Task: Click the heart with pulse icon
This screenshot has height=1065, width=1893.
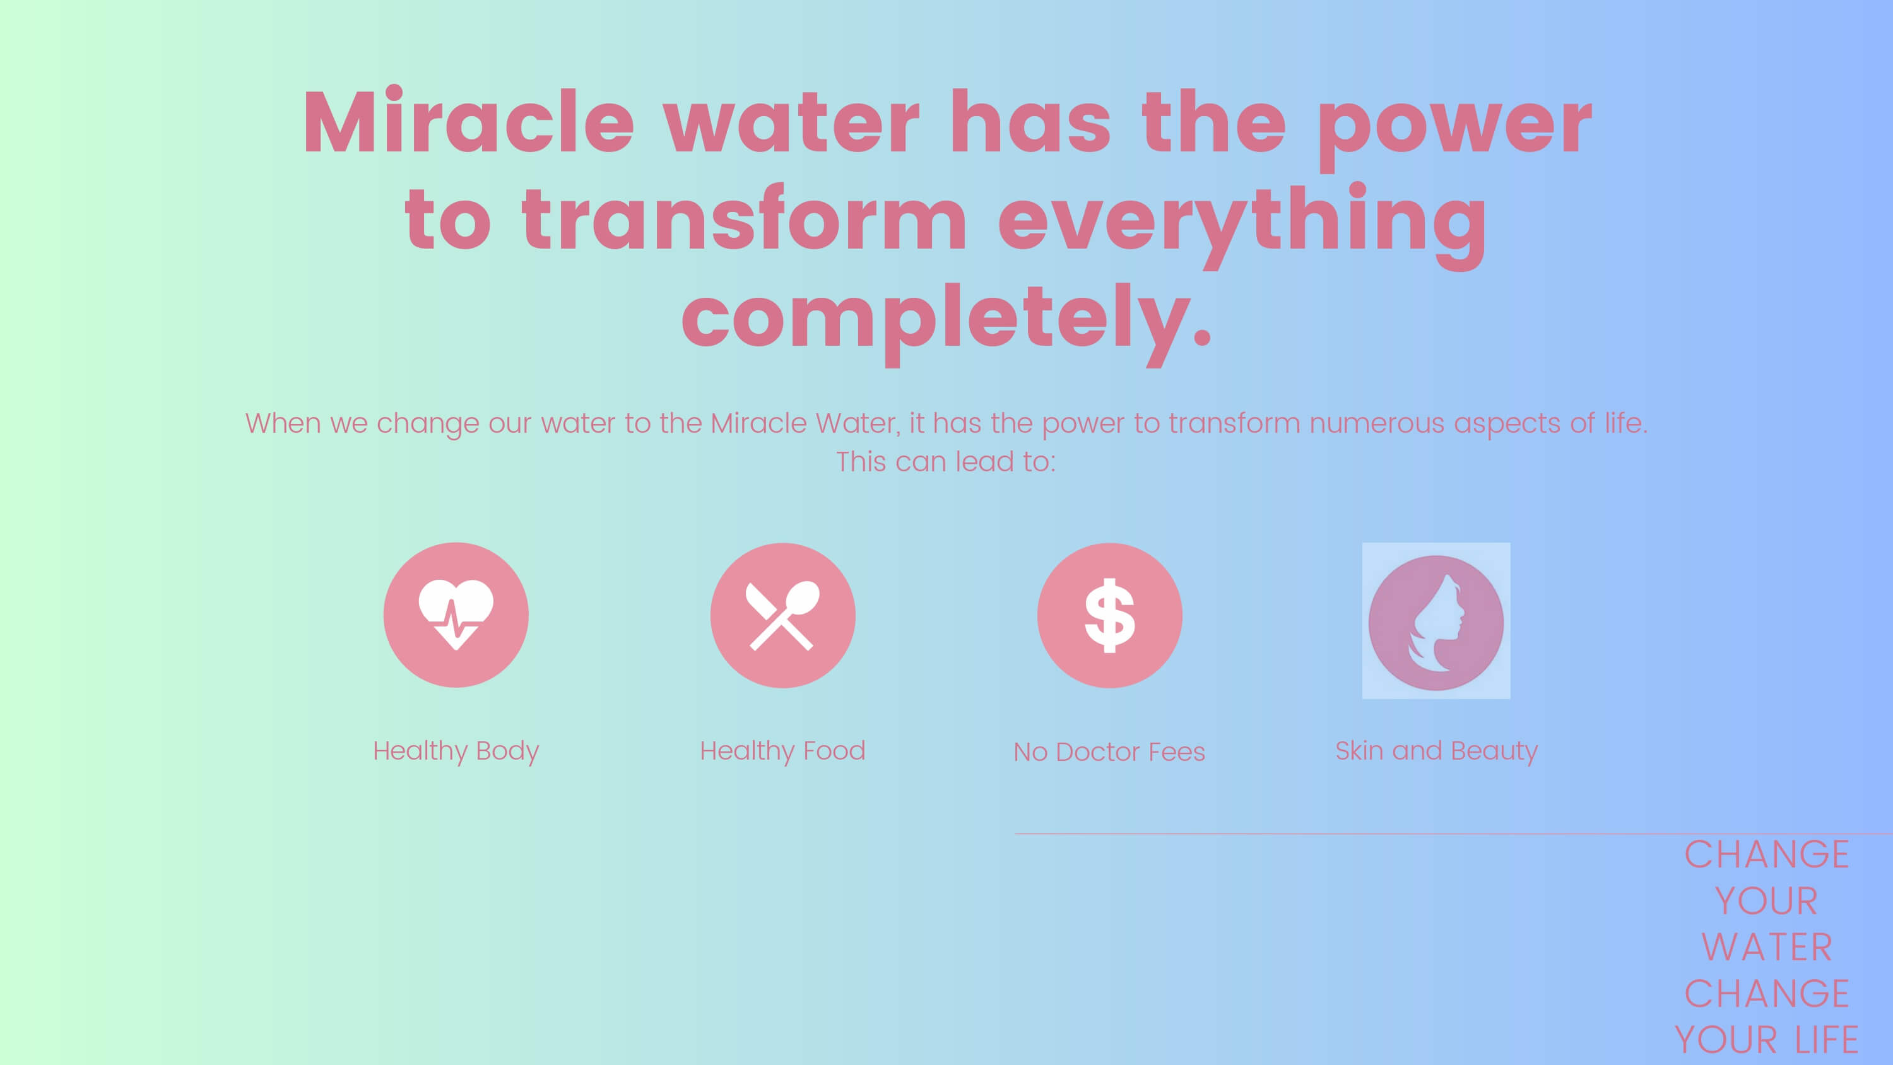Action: (456, 615)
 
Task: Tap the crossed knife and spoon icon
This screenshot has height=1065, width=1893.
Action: (782, 615)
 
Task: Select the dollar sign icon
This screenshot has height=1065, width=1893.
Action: (1110, 615)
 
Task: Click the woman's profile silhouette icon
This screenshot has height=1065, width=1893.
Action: (1436, 621)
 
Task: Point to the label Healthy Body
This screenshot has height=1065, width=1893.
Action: (456, 751)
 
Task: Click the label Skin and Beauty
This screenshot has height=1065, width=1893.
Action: (1437, 751)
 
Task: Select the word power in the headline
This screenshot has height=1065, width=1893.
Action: (1454, 129)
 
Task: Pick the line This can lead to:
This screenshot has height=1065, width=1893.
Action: (946, 462)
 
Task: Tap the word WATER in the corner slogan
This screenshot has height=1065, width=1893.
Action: (1767, 946)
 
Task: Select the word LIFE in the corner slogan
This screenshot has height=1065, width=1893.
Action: (1827, 1040)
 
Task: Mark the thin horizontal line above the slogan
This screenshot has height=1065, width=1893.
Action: (1454, 833)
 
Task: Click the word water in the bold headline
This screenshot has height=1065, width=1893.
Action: (791, 122)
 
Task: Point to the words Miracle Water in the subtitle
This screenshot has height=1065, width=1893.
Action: (805, 423)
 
